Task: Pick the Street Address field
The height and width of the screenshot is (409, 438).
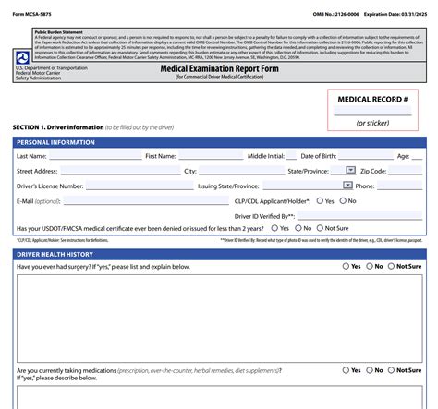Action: click(x=119, y=171)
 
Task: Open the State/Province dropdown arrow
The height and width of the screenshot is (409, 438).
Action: click(x=350, y=171)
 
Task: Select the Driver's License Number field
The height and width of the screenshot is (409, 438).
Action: click(x=138, y=186)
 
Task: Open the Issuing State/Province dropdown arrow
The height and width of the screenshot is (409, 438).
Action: click(x=347, y=186)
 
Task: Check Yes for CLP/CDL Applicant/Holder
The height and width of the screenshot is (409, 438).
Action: click(x=320, y=200)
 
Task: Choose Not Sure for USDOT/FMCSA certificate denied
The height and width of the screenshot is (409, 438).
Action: click(x=317, y=228)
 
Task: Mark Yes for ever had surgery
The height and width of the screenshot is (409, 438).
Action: click(x=346, y=266)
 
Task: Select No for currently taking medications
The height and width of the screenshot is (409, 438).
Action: click(x=370, y=370)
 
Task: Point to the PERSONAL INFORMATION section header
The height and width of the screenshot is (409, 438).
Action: click(x=55, y=142)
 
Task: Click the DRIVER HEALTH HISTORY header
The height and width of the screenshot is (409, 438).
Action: click(x=55, y=254)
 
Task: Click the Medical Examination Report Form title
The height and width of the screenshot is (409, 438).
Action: click(x=218, y=67)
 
